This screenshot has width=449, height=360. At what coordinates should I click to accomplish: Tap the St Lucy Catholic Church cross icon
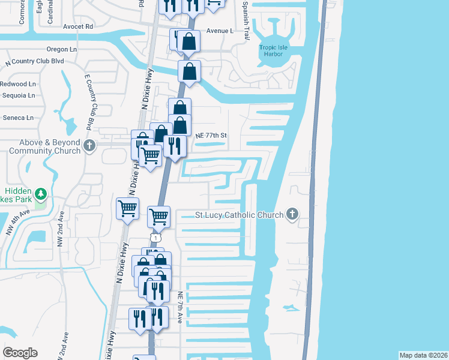pos(292,214)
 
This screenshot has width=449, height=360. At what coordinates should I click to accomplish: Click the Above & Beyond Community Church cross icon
pos(89,146)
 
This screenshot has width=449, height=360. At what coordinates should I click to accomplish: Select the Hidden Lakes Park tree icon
pos(40,194)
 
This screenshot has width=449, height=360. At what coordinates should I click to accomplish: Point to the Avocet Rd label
pos(78,26)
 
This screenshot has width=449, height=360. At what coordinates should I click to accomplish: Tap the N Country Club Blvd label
pos(34,61)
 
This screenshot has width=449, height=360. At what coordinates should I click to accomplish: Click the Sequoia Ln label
pos(18,95)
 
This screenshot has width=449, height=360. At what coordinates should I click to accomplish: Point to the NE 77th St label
pos(211,136)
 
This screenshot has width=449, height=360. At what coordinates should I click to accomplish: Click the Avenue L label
pos(219,31)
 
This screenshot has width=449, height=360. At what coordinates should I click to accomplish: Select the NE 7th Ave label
pos(180,308)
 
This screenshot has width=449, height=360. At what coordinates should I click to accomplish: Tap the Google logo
pos(20,353)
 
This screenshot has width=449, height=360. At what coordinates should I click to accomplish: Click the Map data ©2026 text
pos(423,355)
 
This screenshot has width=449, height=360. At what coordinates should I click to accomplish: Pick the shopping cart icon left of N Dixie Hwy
pos(128,209)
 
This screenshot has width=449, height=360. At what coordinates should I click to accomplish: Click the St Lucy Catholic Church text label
pos(240,215)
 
